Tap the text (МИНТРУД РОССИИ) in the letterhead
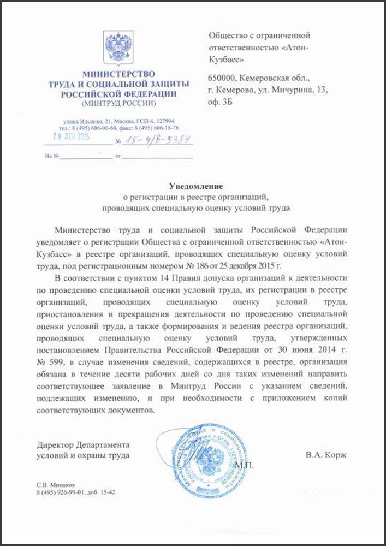118,103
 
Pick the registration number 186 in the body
246,266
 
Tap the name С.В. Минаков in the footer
54,484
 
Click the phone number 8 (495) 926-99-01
62,492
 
